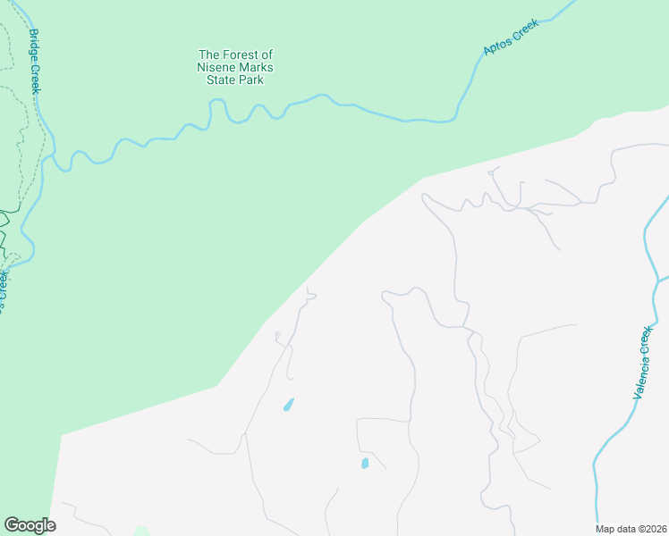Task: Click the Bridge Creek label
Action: click(36, 62)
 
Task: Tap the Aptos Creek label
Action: click(511, 40)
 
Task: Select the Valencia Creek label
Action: click(643, 361)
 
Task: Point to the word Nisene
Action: click(216, 67)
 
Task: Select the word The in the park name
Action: click(208, 54)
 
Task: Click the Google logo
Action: click(30, 525)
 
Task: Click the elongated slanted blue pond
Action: click(288, 404)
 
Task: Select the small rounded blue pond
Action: click(364, 463)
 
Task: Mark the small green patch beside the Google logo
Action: click(140, 531)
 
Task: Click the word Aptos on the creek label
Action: click(496, 46)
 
